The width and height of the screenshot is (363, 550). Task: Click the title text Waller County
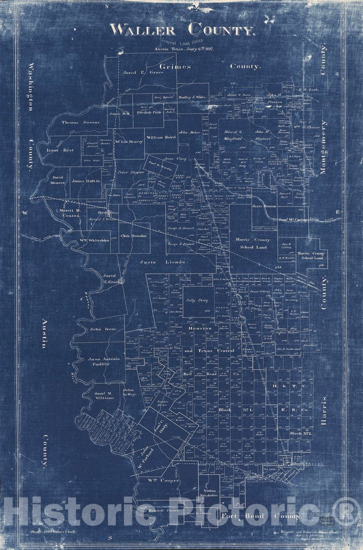(x=181, y=30)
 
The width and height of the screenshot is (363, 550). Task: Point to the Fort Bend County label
(x=261, y=517)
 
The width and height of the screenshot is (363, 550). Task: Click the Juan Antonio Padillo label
(x=104, y=362)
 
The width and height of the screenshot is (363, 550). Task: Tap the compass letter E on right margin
(x=338, y=212)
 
